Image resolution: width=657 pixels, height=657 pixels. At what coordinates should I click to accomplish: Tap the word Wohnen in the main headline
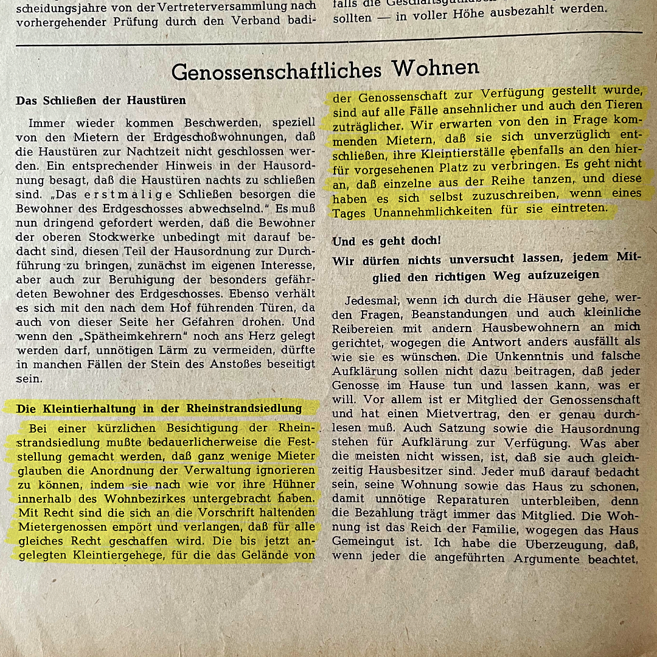(x=436, y=68)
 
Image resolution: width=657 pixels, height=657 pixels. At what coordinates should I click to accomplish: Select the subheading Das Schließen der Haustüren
(x=101, y=100)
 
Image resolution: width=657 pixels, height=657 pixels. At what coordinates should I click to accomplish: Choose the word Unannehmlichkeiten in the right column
(x=431, y=210)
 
